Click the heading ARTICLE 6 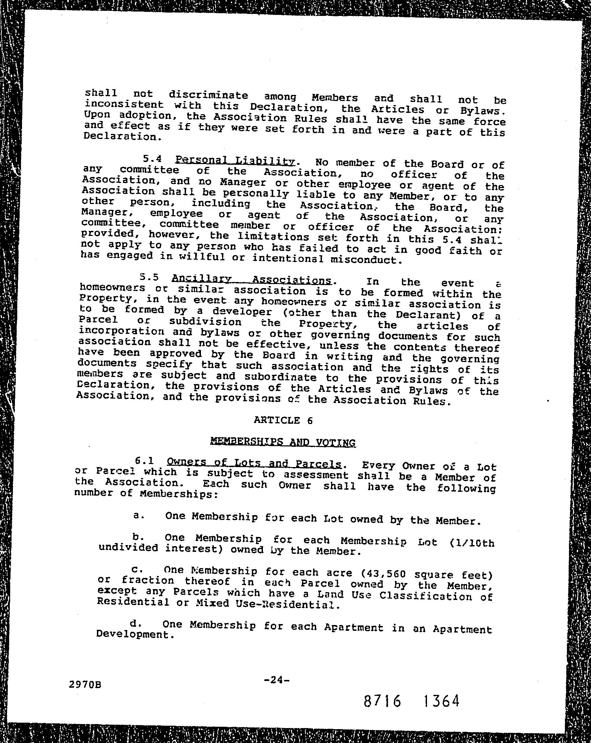point(283,420)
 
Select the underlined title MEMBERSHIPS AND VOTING point(283,442)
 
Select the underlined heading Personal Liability point(235,160)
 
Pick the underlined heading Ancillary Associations point(251,279)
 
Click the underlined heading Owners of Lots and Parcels point(253,463)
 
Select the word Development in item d point(133,634)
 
